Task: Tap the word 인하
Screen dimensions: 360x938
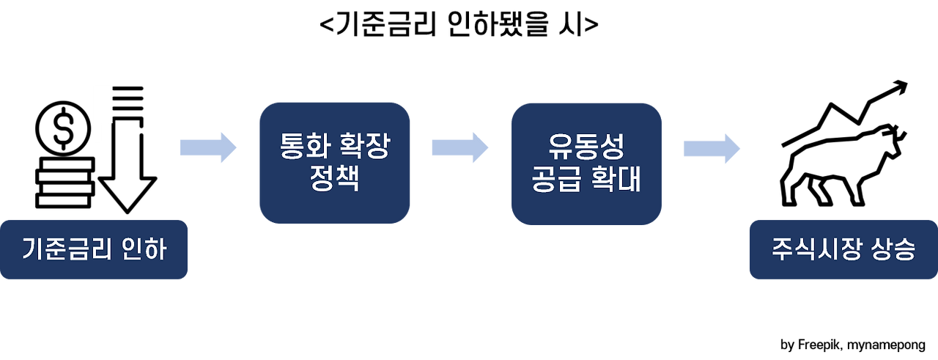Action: (x=143, y=250)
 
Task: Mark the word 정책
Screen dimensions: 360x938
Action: (x=334, y=179)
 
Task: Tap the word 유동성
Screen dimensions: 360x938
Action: (x=586, y=148)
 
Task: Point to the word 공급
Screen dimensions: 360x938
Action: (x=555, y=179)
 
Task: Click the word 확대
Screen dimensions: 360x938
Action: (x=619, y=179)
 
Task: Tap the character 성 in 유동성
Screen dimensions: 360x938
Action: (x=611, y=148)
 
